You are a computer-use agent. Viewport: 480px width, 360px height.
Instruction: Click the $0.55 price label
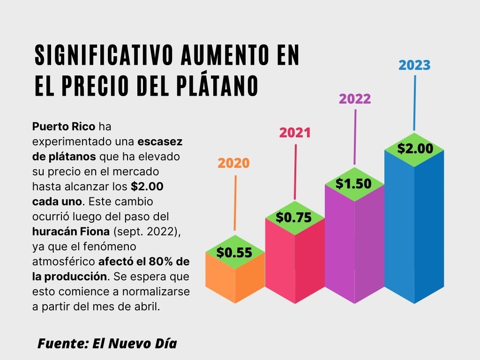pyautogui.click(x=234, y=253)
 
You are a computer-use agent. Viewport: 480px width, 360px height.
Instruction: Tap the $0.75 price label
pyautogui.click(x=294, y=217)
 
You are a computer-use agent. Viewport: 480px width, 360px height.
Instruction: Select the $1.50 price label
pyautogui.click(x=353, y=184)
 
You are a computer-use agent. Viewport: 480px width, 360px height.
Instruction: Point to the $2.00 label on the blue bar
pyautogui.click(x=415, y=149)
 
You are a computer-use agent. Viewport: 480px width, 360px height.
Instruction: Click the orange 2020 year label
pyautogui.click(x=234, y=164)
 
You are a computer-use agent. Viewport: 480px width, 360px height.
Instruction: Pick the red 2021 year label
pyautogui.click(x=295, y=133)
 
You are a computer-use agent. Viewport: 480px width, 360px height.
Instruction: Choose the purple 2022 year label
pyautogui.click(x=355, y=99)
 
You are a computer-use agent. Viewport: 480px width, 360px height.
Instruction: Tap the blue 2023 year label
pyautogui.click(x=414, y=65)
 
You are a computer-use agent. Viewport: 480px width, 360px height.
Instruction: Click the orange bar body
pyautogui.click(x=234, y=284)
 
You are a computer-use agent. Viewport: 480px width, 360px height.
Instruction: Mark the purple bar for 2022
pyautogui.click(x=354, y=244)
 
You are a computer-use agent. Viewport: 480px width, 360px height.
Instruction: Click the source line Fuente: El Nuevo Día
pyautogui.click(x=107, y=343)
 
